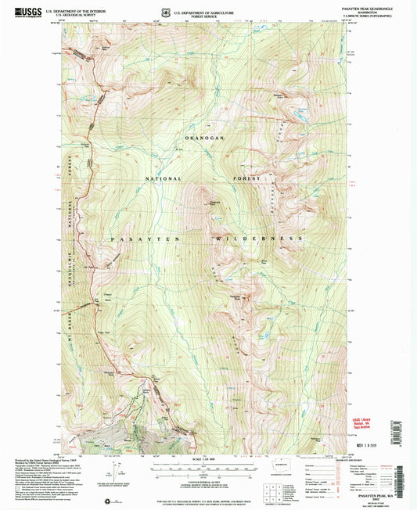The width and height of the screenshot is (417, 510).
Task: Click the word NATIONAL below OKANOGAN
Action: coord(161,179)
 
